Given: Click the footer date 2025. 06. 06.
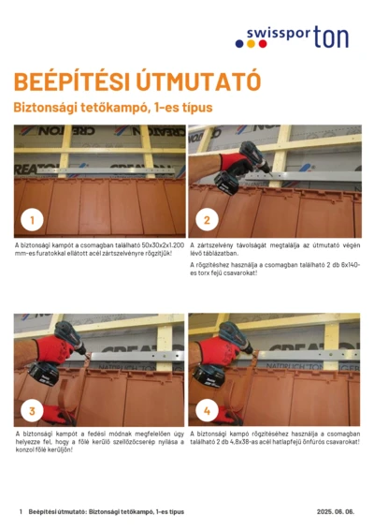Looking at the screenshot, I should (336, 512).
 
